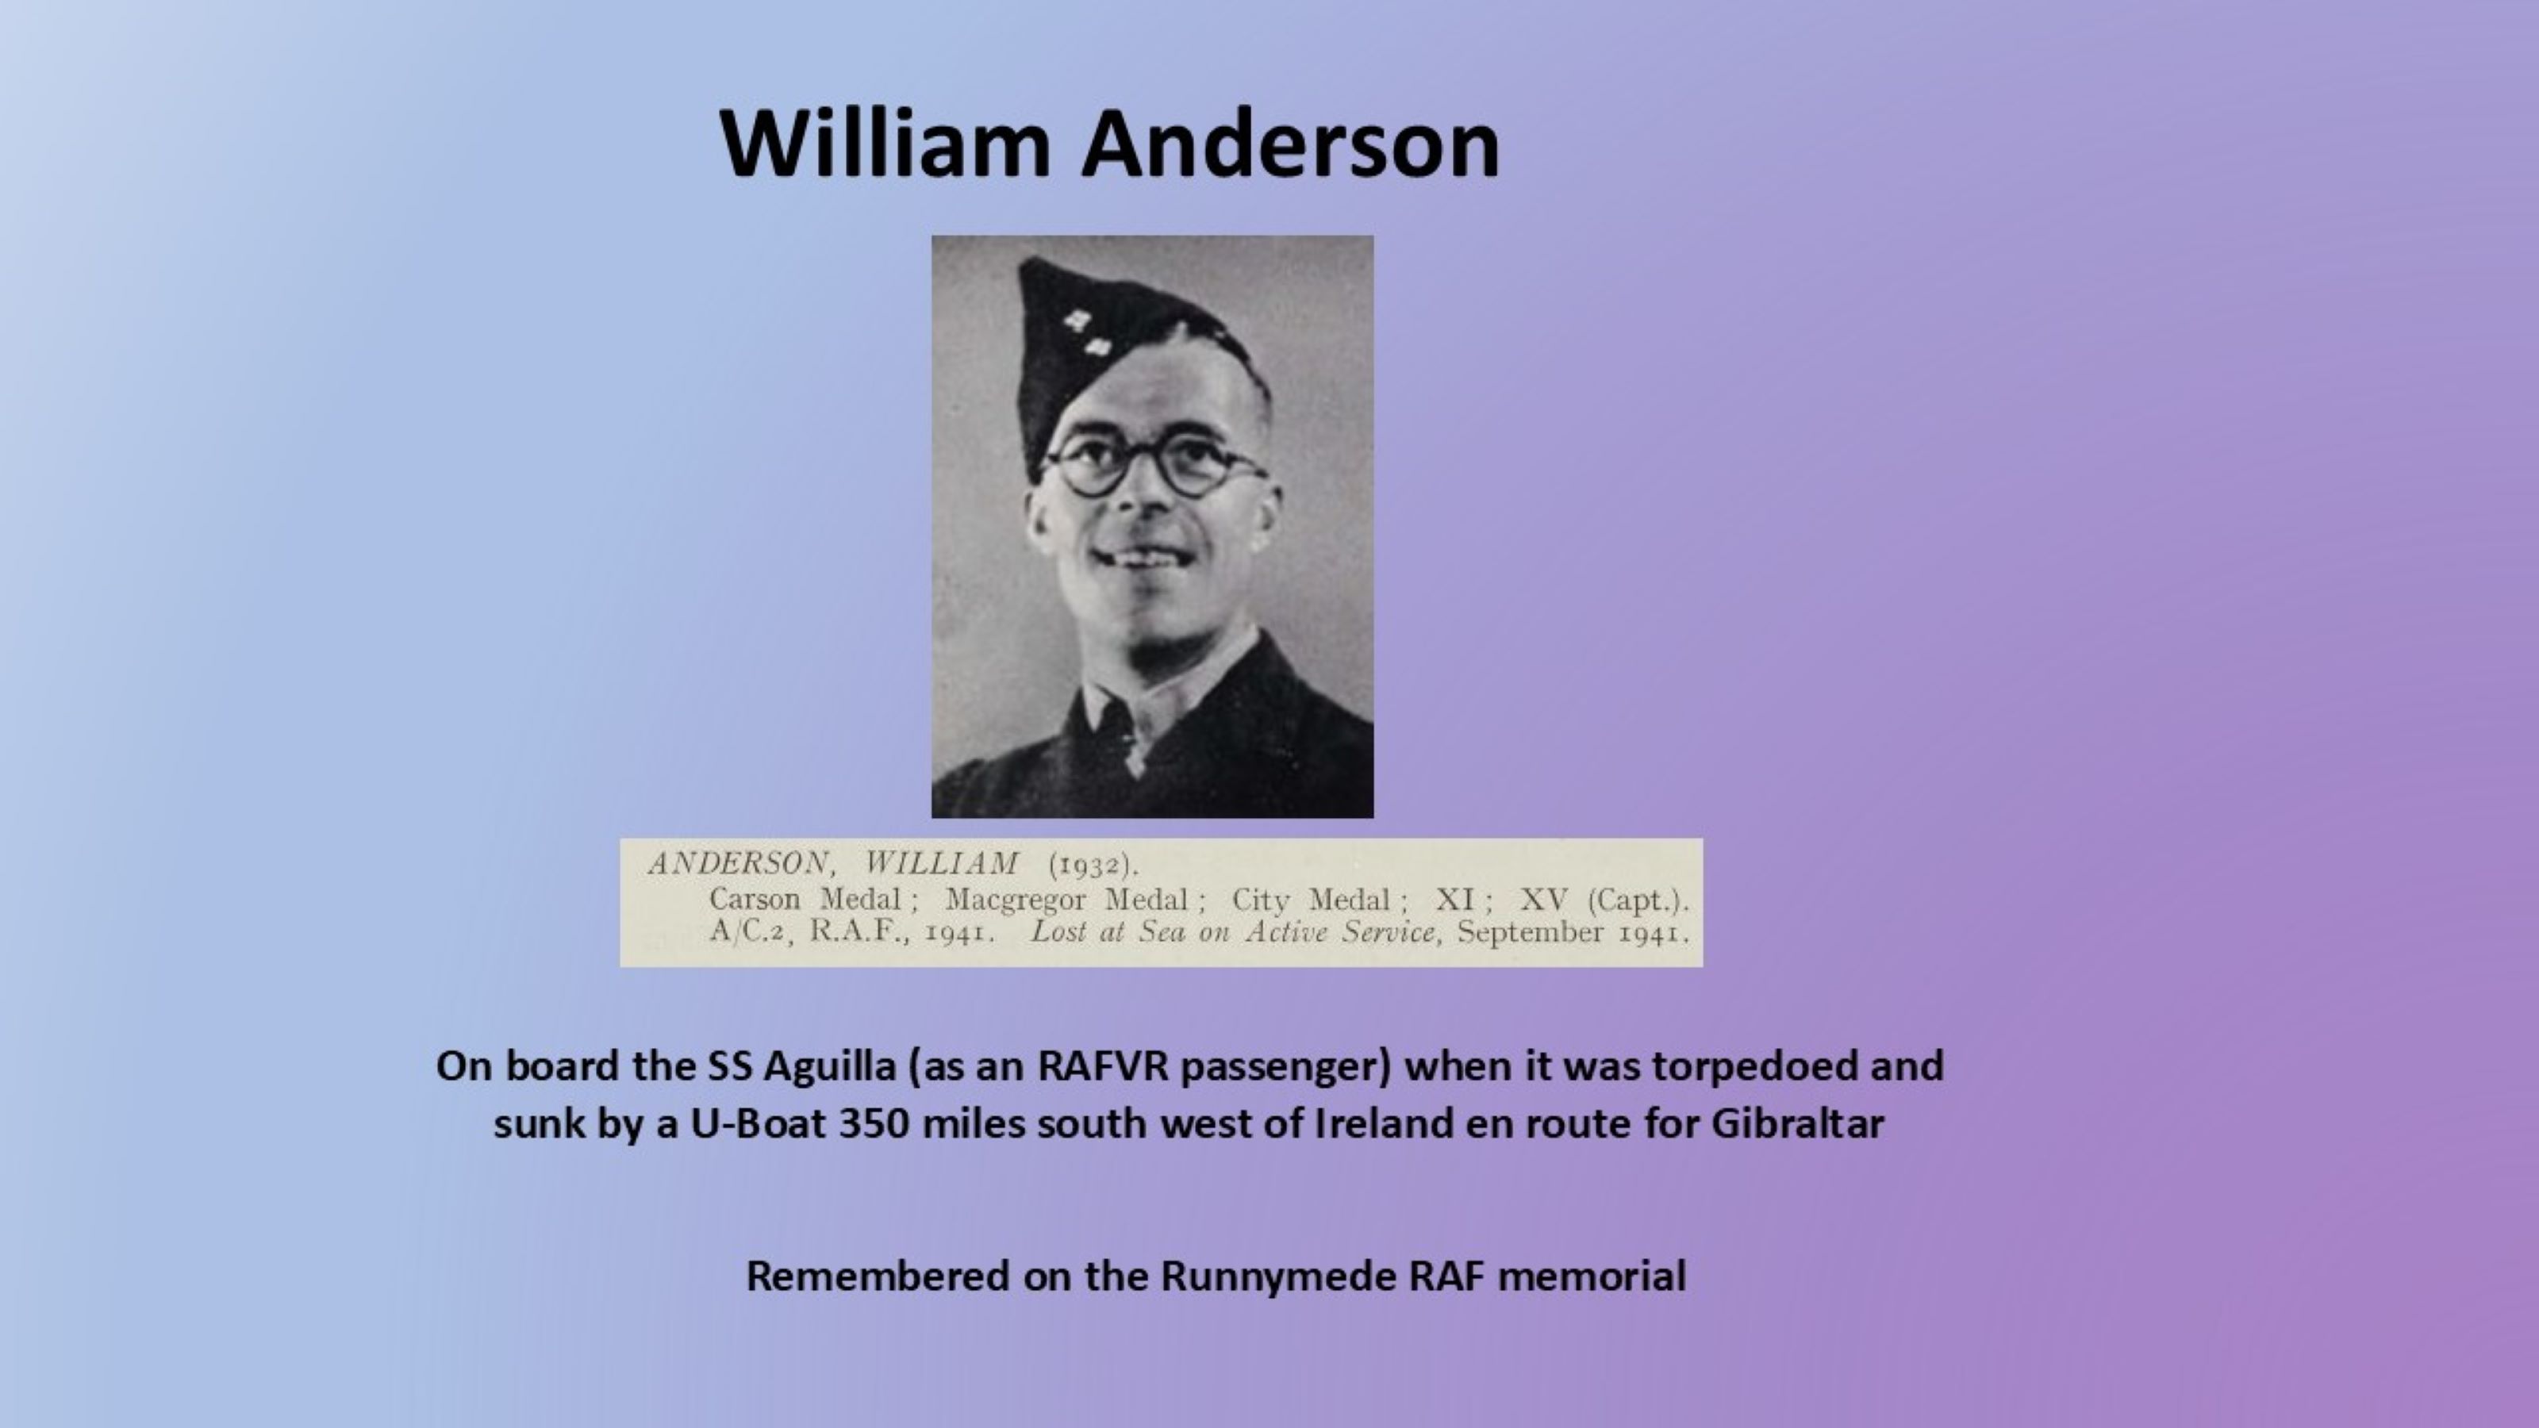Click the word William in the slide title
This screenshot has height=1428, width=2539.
pos(884,143)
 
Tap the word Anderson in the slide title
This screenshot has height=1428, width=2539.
pos(1290,143)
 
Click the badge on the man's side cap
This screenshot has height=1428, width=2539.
pos(1088,333)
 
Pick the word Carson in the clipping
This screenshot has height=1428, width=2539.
pos(755,899)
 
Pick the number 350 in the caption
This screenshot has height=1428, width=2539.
pos(874,1123)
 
